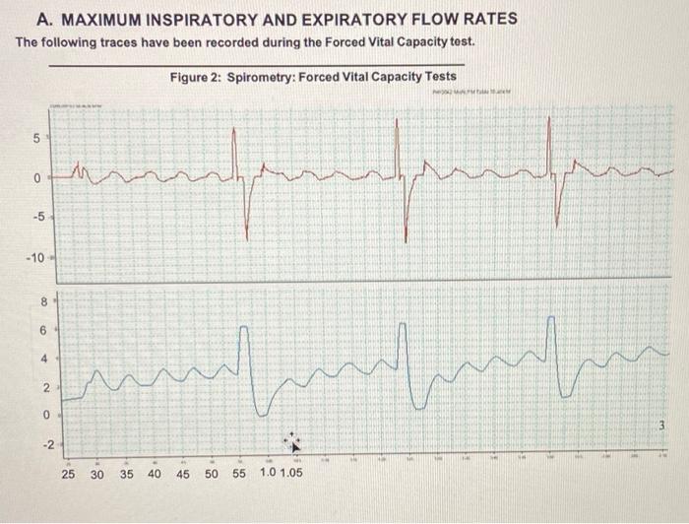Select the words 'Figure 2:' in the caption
[195, 77]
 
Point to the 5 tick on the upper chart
[36, 137]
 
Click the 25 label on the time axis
[69, 475]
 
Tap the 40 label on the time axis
[155, 475]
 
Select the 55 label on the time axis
[239, 475]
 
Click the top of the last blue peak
[553, 319]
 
